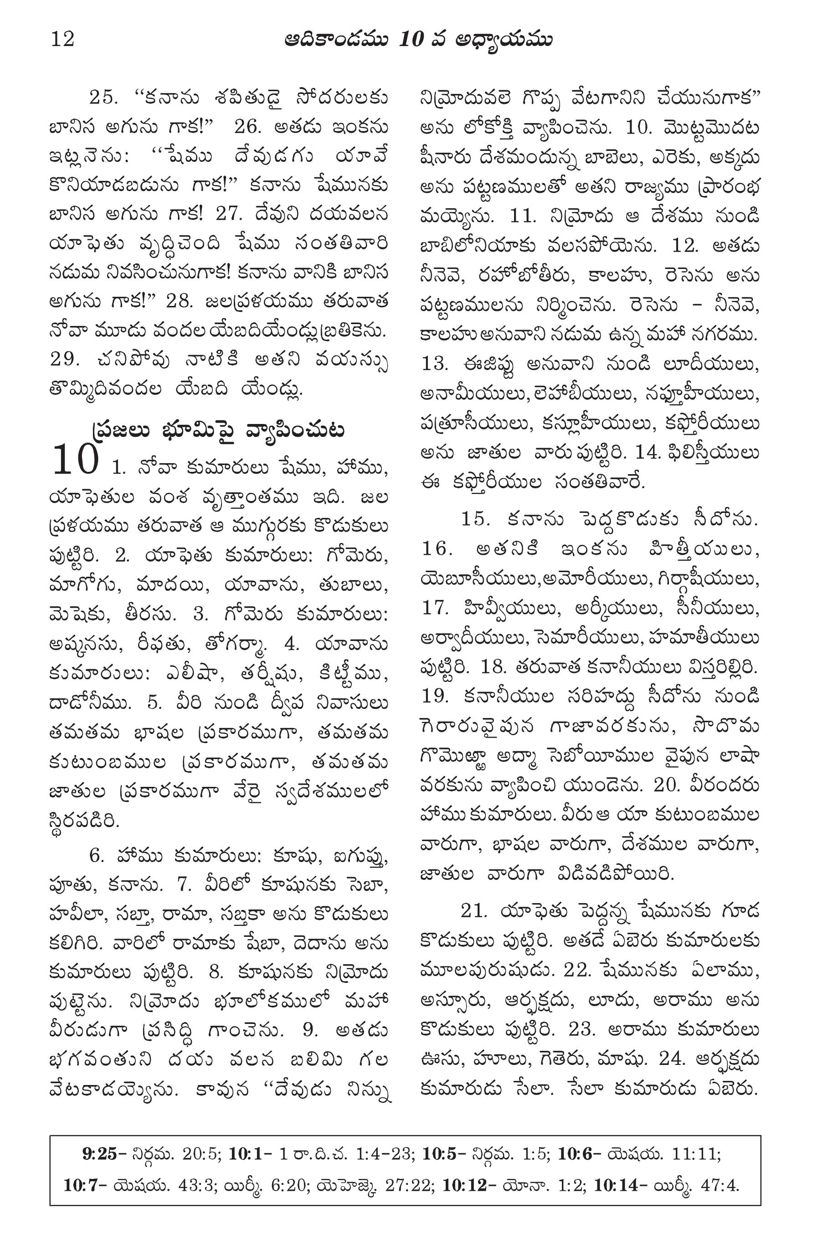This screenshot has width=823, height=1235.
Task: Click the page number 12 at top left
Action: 62,39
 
